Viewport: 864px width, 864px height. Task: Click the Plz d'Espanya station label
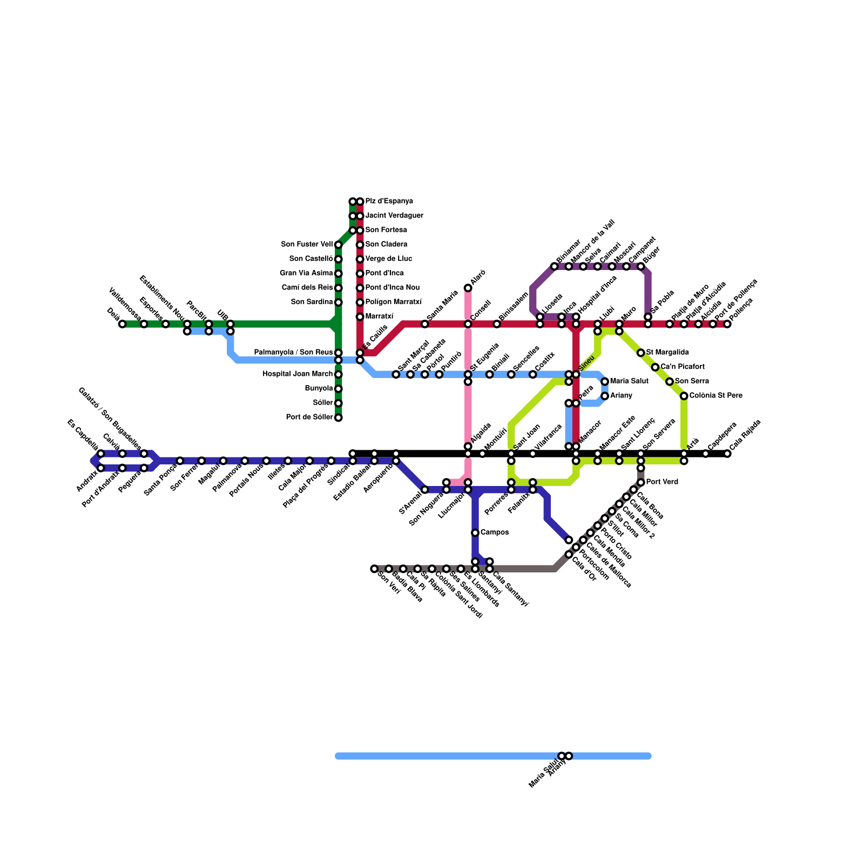click(x=389, y=201)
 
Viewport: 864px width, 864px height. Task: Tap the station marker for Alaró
click(x=468, y=288)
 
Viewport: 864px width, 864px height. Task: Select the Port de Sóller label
click(x=309, y=417)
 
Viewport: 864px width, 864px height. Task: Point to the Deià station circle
click(x=123, y=324)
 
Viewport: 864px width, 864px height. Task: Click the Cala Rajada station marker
click(x=727, y=454)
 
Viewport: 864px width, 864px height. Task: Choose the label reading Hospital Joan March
click(x=298, y=374)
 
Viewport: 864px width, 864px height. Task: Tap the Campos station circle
click(x=475, y=533)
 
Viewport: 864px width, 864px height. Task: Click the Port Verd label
click(x=660, y=482)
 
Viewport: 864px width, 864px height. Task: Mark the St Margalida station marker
click(x=641, y=353)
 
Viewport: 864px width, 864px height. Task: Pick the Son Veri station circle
click(x=374, y=569)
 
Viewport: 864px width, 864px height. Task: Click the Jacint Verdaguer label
click(x=394, y=216)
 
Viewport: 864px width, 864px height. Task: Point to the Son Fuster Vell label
click(x=307, y=245)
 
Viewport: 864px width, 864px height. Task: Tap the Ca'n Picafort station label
click(x=682, y=367)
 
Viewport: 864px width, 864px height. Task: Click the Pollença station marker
click(x=727, y=324)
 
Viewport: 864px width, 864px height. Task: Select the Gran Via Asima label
click(x=306, y=273)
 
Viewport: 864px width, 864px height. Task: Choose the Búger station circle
click(x=641, y=266)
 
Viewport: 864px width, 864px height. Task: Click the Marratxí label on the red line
click(x=379, y=316)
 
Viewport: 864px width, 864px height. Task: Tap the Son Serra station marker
click(x=670, y=382)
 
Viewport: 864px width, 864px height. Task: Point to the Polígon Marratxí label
click(x=393, y=302)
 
